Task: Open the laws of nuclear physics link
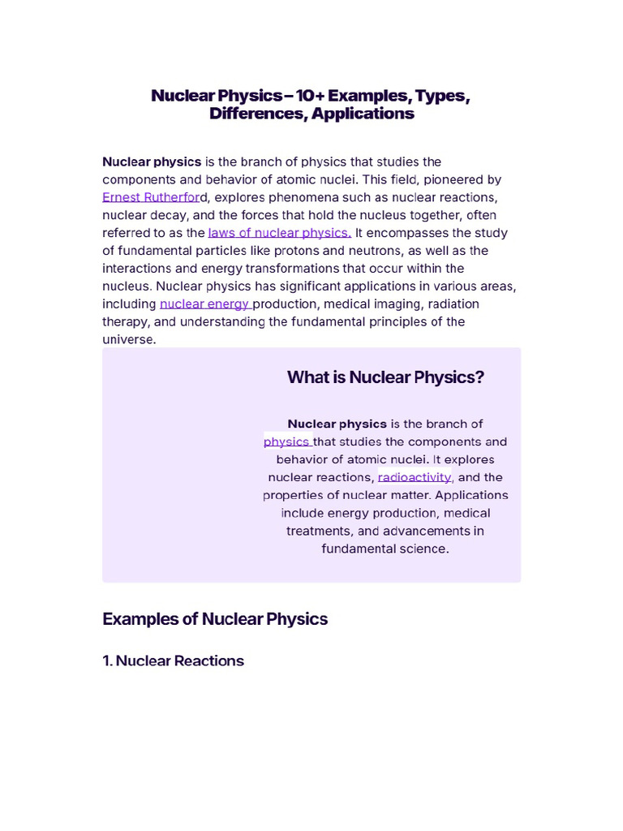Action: [279, 233]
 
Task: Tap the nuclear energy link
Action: [205, 304]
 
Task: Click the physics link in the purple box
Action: [287, 441]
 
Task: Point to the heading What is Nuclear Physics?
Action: [385, 377]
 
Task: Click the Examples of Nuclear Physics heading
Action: [215, 619]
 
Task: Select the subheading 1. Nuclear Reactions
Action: [173, 661]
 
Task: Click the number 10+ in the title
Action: [308, 96]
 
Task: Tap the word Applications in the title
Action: [363, 114]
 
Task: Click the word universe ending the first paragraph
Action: [127, 340]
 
